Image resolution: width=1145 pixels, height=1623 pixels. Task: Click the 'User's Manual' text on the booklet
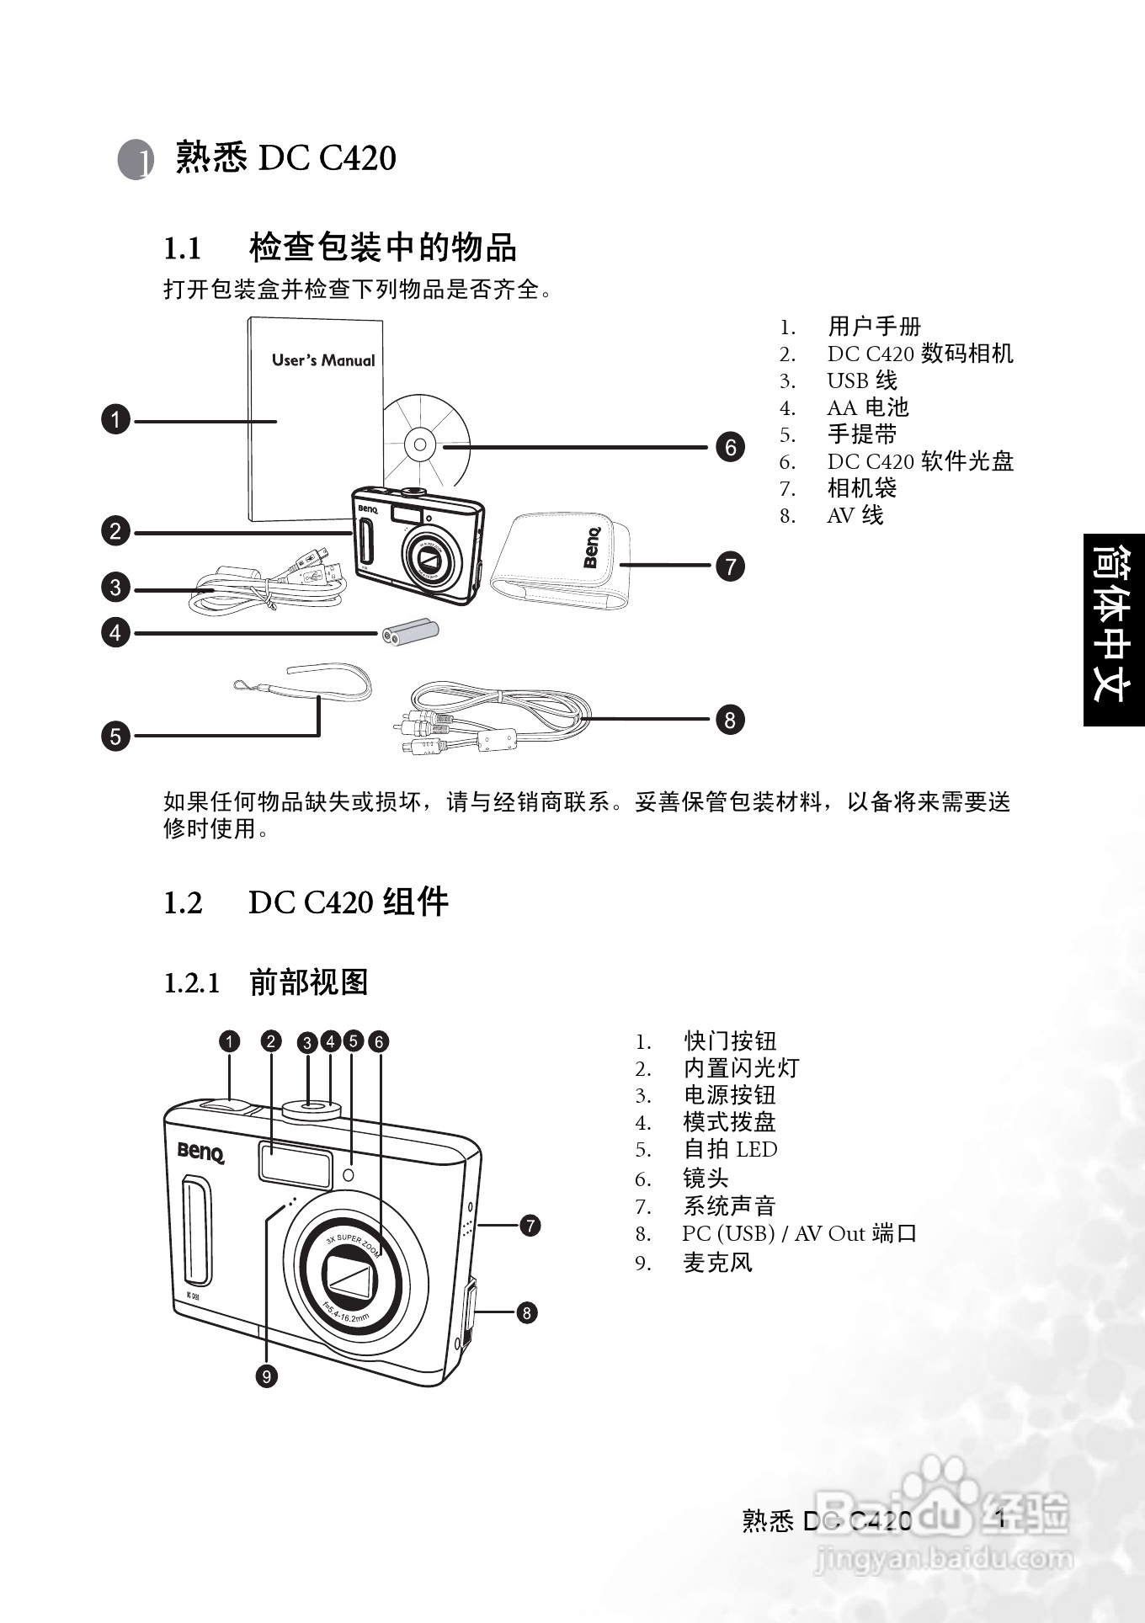pyautogui.click(x=323, y=360)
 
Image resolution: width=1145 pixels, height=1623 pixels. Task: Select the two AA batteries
pyautogui.click(x=411, y=632)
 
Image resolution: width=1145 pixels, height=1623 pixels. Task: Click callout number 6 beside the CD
pyautogui.click(x=730, y=447)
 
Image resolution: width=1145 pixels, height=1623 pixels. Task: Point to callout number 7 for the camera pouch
pyautogui.click(x=730, y=566)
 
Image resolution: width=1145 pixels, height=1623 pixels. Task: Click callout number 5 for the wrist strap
pyautogui.click(x=115, y=736)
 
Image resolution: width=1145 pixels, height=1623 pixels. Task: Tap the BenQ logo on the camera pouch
pyautogui.click(x=593, y=547)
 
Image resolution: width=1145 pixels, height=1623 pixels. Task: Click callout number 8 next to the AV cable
pyautogui.click(x=730, y=720)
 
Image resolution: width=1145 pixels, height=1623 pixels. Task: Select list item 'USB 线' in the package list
pyautogui.click(x=862, y=380)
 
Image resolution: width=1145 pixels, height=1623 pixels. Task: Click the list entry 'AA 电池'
pyautogui.click(x=868, y=407)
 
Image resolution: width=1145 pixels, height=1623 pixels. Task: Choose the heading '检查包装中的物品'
pyautogui.click(x=383, y=247)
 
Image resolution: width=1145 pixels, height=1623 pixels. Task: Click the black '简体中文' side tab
pyautogui.click(x=1114, y=629)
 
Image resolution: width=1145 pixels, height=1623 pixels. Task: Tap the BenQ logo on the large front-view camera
pyautogui.click(x=201, y=1152)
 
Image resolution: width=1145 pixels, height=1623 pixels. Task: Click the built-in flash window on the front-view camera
pyautogui.click(x=295, y=1163)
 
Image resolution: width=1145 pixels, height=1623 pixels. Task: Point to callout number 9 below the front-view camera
pyautogui.click(x=266, y=1376)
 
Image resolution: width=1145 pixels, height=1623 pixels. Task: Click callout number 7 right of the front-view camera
pyautogui.click(x=530, y=1225)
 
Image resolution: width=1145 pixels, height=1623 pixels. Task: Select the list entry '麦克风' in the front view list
pyautogui.click(x=717, y=1263)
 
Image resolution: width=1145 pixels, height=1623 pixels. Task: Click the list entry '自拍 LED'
pyautogui.click(x=730, y=1149)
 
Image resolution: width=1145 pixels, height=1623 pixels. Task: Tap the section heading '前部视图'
pyautogui.click(x=309, y=982)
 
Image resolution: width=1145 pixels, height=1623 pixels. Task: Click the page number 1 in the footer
pyautogui.click(x=1001, y=1519)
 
